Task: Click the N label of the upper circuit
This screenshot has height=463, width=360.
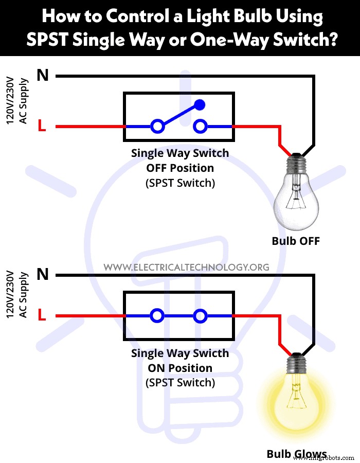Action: (x=43, y=76)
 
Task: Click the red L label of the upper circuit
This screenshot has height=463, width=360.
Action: (x=42, y=126)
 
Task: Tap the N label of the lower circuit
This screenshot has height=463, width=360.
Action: (x=43, y=274)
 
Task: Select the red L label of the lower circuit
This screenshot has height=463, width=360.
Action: (x=42, y=315)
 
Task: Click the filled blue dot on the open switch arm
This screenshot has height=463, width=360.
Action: (x=200, y=105)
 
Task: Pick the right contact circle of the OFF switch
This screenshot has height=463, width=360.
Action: (x=200, y=126)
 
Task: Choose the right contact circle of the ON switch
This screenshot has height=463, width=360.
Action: (x=200, y=315)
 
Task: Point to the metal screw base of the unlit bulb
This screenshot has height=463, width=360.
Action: (x=297, y=163)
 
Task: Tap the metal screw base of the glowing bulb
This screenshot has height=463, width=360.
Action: (x=297, y=363)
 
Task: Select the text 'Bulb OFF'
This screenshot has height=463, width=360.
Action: (x=296, y=241)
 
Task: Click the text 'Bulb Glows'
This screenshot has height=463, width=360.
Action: (x=297, y=454)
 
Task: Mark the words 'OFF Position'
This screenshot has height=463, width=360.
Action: (x=180, y=168)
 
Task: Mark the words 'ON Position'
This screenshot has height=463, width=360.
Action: (x=180, y=368)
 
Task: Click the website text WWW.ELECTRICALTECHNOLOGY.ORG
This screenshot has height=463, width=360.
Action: (x=186, y=267)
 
